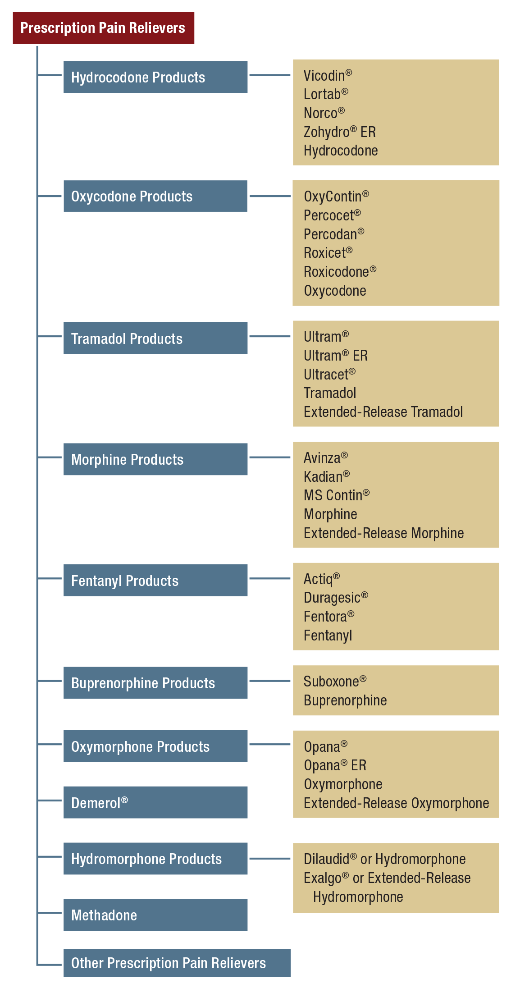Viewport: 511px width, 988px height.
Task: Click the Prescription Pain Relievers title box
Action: [103, 28]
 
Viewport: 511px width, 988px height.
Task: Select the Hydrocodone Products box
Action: [155, 77]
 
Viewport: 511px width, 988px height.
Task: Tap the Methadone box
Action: [155, 915]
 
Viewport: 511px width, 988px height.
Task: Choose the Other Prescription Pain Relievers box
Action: [177, 963]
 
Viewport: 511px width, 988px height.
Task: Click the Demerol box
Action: [155, 802]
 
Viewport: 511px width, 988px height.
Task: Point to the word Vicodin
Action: [324, 75]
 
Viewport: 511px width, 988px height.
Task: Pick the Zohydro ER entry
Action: [339, 132]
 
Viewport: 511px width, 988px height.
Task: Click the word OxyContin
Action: [333, 197]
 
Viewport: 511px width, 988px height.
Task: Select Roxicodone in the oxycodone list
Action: [336, 272]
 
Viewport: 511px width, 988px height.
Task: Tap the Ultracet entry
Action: [326, 375]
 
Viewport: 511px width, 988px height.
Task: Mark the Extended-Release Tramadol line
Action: [383, 412]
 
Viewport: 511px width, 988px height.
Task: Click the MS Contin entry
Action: [333, 495]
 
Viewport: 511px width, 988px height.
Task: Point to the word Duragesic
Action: [332, 598]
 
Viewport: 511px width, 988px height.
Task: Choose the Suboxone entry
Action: [331, 682]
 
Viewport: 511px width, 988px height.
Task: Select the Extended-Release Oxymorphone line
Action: [396, 803]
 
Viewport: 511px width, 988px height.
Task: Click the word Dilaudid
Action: [327, 859]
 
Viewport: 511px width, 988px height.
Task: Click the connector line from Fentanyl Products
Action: [270, 578]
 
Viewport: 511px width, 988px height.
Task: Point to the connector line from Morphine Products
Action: [270, 457]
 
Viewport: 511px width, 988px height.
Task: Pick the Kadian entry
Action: [323, 476]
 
